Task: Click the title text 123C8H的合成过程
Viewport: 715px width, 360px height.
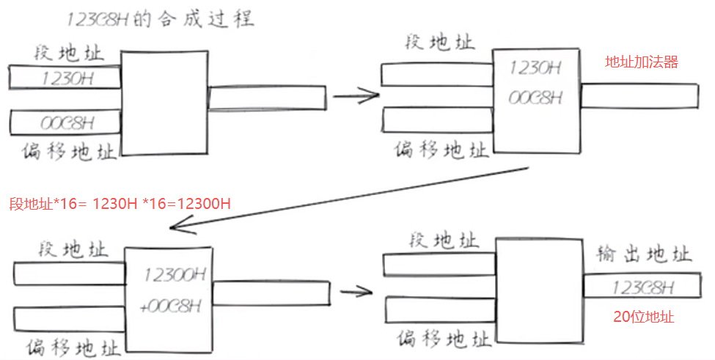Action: [160, 18]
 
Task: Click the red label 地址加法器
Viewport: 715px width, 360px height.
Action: [641, 62]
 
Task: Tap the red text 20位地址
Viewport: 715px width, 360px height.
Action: [644, 317]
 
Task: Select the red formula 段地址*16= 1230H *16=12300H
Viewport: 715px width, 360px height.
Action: [121, 204]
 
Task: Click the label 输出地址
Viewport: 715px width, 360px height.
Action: [644, 254]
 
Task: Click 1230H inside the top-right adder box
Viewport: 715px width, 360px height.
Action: [535, 69]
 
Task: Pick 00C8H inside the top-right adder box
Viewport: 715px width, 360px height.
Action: [535, 97]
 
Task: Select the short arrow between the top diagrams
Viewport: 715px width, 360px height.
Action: [355, 95]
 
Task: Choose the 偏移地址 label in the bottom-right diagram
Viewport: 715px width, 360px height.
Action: [443, 339]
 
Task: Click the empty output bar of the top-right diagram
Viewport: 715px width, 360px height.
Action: [639, 95]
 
